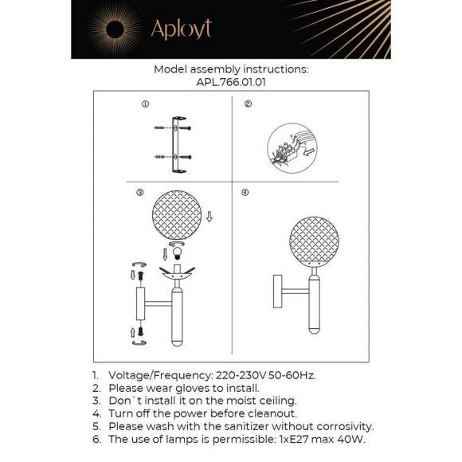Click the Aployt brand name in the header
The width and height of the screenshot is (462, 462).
tap(182, 30)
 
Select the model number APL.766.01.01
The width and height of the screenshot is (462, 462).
tap(230, 81)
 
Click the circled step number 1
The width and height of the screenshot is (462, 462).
tap(145, 104)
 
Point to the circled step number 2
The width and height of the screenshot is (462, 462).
tap(248, 104)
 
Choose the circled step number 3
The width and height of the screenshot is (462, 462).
tap(139, 193)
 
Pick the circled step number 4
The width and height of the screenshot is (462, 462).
tap(245, 193)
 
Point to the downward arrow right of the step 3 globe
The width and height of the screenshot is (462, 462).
tap(209, 217)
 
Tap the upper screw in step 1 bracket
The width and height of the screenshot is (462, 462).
tap(182, 127)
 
